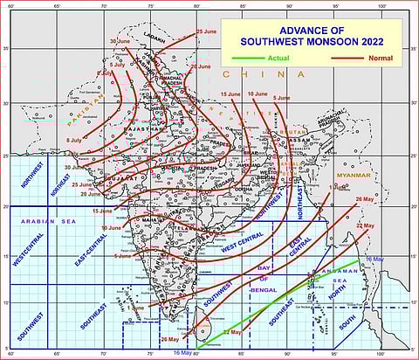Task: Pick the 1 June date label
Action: tap(134, 308)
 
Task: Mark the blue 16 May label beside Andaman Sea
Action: tap(374, 260)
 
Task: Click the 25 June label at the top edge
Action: tap(206, 31)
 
